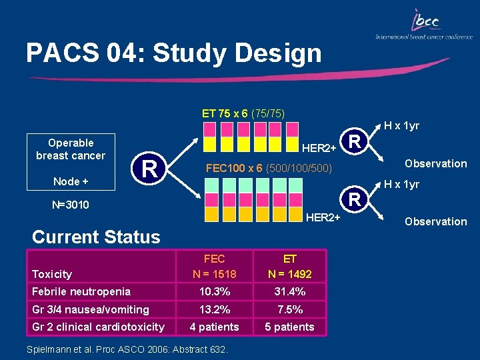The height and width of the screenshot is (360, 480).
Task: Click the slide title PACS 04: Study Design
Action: (x=173, y=53)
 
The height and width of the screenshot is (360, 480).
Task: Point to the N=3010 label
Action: (x=70, y=205)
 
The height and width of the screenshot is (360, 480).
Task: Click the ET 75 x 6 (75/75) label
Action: (x=243, y=113)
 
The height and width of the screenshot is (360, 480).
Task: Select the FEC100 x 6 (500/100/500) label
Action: (x=269, y=169)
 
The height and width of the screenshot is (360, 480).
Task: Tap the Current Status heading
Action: (x=96, y=237)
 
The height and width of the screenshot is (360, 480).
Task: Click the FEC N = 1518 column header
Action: (x=214, y=266)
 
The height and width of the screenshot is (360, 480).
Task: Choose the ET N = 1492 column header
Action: (x=289, y=266)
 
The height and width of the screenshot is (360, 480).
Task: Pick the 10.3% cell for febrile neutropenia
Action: (x=214, y=291)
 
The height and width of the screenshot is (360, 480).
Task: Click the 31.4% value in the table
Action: (x=289, y=291)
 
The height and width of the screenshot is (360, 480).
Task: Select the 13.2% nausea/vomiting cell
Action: (x=214, y=309)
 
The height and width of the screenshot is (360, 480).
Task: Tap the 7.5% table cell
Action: (x=289, y=309)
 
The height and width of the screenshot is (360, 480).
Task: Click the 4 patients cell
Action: (x=214, y=327)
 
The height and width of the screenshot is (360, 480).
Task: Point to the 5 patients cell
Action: (x=289, y=327)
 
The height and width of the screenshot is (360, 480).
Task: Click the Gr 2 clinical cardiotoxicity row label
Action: (x=98, y=327)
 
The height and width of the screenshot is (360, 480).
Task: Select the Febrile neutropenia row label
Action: (x=81, y=291)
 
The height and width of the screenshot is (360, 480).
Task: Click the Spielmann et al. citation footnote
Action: (x=127, y=349)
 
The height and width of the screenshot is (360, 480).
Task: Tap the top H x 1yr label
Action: (x=401, y=126)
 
